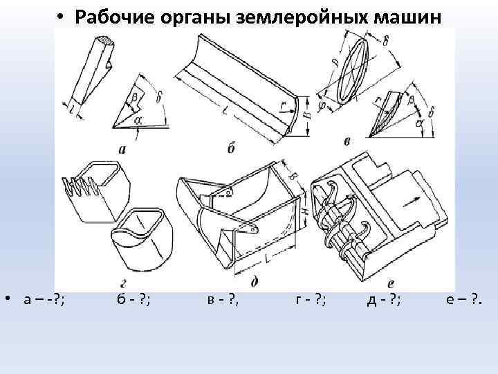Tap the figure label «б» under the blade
(x=230, y=148)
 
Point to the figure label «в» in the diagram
(x=347, y=142)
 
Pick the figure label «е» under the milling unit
(x=391, y=283)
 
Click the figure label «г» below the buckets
(x=122, y=283)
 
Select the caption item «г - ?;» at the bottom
(x=311, y=299)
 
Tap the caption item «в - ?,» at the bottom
(x=223, y=299)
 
